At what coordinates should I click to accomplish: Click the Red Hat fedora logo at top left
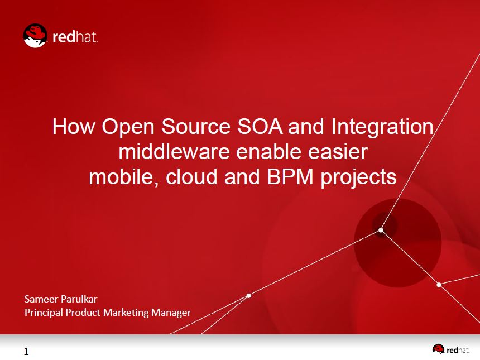[x=35, y=36]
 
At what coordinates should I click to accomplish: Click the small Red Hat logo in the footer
[x=438, y=349]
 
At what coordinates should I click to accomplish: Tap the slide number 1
[x=26, y=352]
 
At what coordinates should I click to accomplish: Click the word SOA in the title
[x=260, y=126]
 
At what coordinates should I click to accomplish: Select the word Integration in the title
[x=382, y=128]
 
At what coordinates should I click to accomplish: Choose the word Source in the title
[x=195, y=126]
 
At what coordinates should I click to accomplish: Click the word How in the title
[x=74, y=126]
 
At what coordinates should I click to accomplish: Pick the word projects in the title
[x=358, y=178]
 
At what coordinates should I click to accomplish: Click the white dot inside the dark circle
[x=381, y=230]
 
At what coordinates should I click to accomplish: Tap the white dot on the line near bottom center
[x=248, y=295]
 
